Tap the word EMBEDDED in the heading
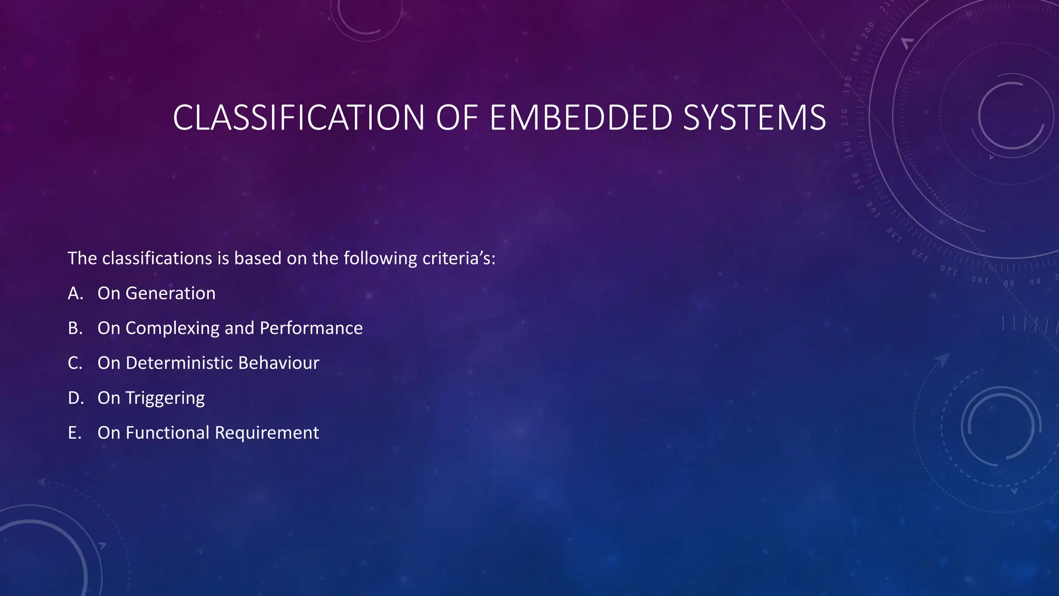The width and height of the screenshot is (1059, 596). coord(581,118)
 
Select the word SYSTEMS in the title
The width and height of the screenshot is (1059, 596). coord(754,118)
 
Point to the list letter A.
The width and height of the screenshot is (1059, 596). coord(75,293)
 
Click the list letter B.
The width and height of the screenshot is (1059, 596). coord(75,328)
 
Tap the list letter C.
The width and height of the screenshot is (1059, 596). coord(75,363)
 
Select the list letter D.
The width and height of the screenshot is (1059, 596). coord(75,398)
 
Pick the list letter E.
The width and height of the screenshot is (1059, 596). coord(74,433)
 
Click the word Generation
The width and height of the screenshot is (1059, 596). coord(170,293)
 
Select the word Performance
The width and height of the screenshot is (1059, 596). coord(311,328)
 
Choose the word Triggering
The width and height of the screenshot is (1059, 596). coord(165,398)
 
